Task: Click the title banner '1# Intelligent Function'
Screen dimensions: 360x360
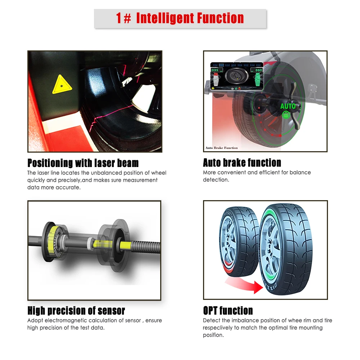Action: click(180, 18)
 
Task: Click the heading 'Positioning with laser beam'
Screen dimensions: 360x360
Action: click(83, 163)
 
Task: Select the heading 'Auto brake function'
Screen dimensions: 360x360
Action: click(242, 163)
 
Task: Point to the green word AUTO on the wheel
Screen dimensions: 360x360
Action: click(288, 106)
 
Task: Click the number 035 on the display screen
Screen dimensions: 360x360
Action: click(215, 70)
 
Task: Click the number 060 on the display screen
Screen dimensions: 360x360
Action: click(259, 70)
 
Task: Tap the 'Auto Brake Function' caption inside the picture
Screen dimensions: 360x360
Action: click(221, 148)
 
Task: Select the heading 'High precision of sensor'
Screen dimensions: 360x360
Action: click(76, 311)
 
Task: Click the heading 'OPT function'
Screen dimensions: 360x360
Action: click(228, 311)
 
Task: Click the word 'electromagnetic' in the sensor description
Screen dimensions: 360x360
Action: click(63, 320)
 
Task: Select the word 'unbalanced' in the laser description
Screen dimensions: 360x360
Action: click(102, 173)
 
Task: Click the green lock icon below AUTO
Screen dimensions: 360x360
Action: click(286, 115)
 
